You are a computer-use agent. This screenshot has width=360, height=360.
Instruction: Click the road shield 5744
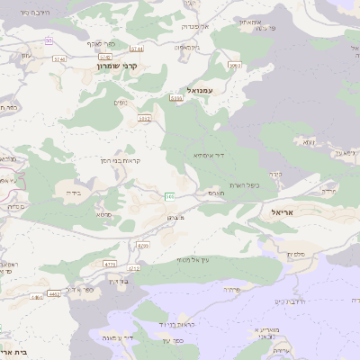(136, 49)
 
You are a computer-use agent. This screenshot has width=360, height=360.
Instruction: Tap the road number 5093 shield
(235, 66)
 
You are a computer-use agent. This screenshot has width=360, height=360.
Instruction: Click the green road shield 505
(170, 196)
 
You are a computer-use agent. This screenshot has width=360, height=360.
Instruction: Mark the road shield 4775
(110, 264)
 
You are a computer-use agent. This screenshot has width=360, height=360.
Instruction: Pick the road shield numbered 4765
(134, 268)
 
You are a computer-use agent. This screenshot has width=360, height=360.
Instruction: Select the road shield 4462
(54, 292)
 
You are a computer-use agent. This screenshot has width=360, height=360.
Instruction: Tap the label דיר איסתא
(208, 156)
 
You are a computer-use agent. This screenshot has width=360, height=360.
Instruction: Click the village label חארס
(215, 193)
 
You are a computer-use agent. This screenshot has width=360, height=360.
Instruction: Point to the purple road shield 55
(49, 40)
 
